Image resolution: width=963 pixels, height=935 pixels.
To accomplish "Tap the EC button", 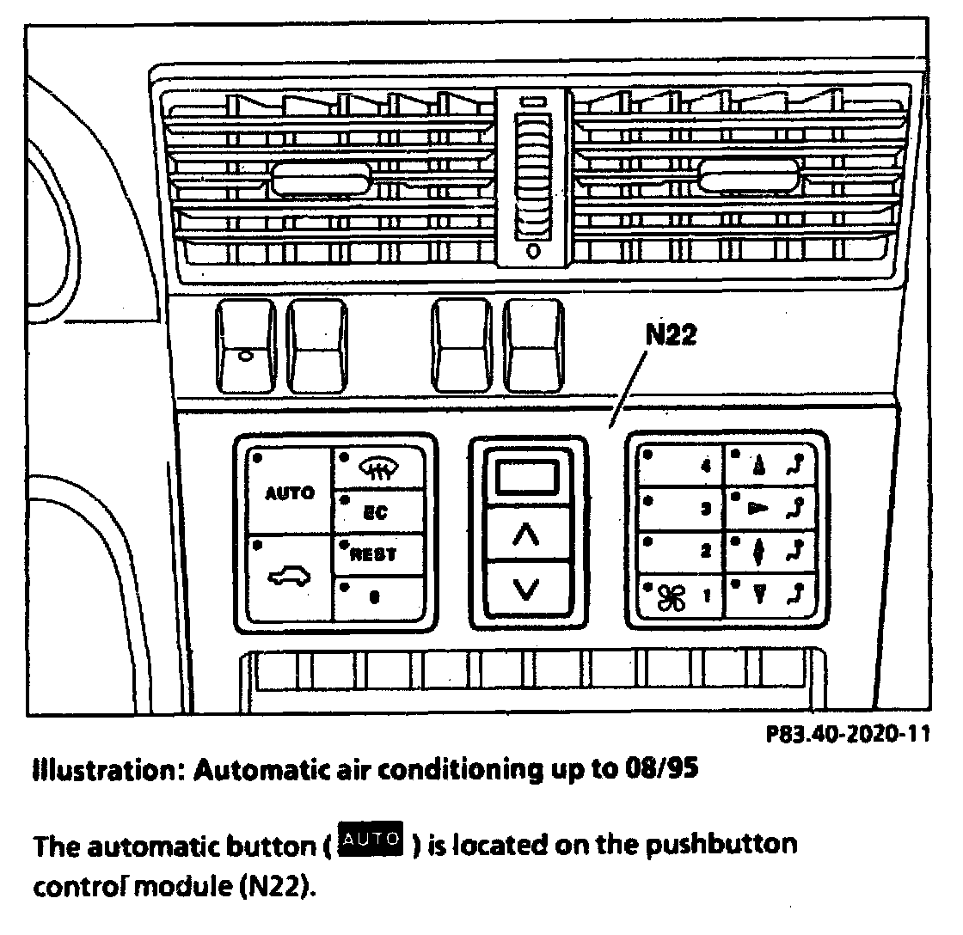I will click(378, 512).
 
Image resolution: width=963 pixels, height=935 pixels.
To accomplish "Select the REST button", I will click(378, 554).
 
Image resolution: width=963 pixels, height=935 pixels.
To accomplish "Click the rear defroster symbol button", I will click(378, 468).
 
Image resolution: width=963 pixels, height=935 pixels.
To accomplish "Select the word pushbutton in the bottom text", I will click(713, 845).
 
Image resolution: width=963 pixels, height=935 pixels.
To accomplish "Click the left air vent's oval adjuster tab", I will click(321, 180).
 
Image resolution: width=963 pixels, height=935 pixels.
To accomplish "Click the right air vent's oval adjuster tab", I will click(748, 178).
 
